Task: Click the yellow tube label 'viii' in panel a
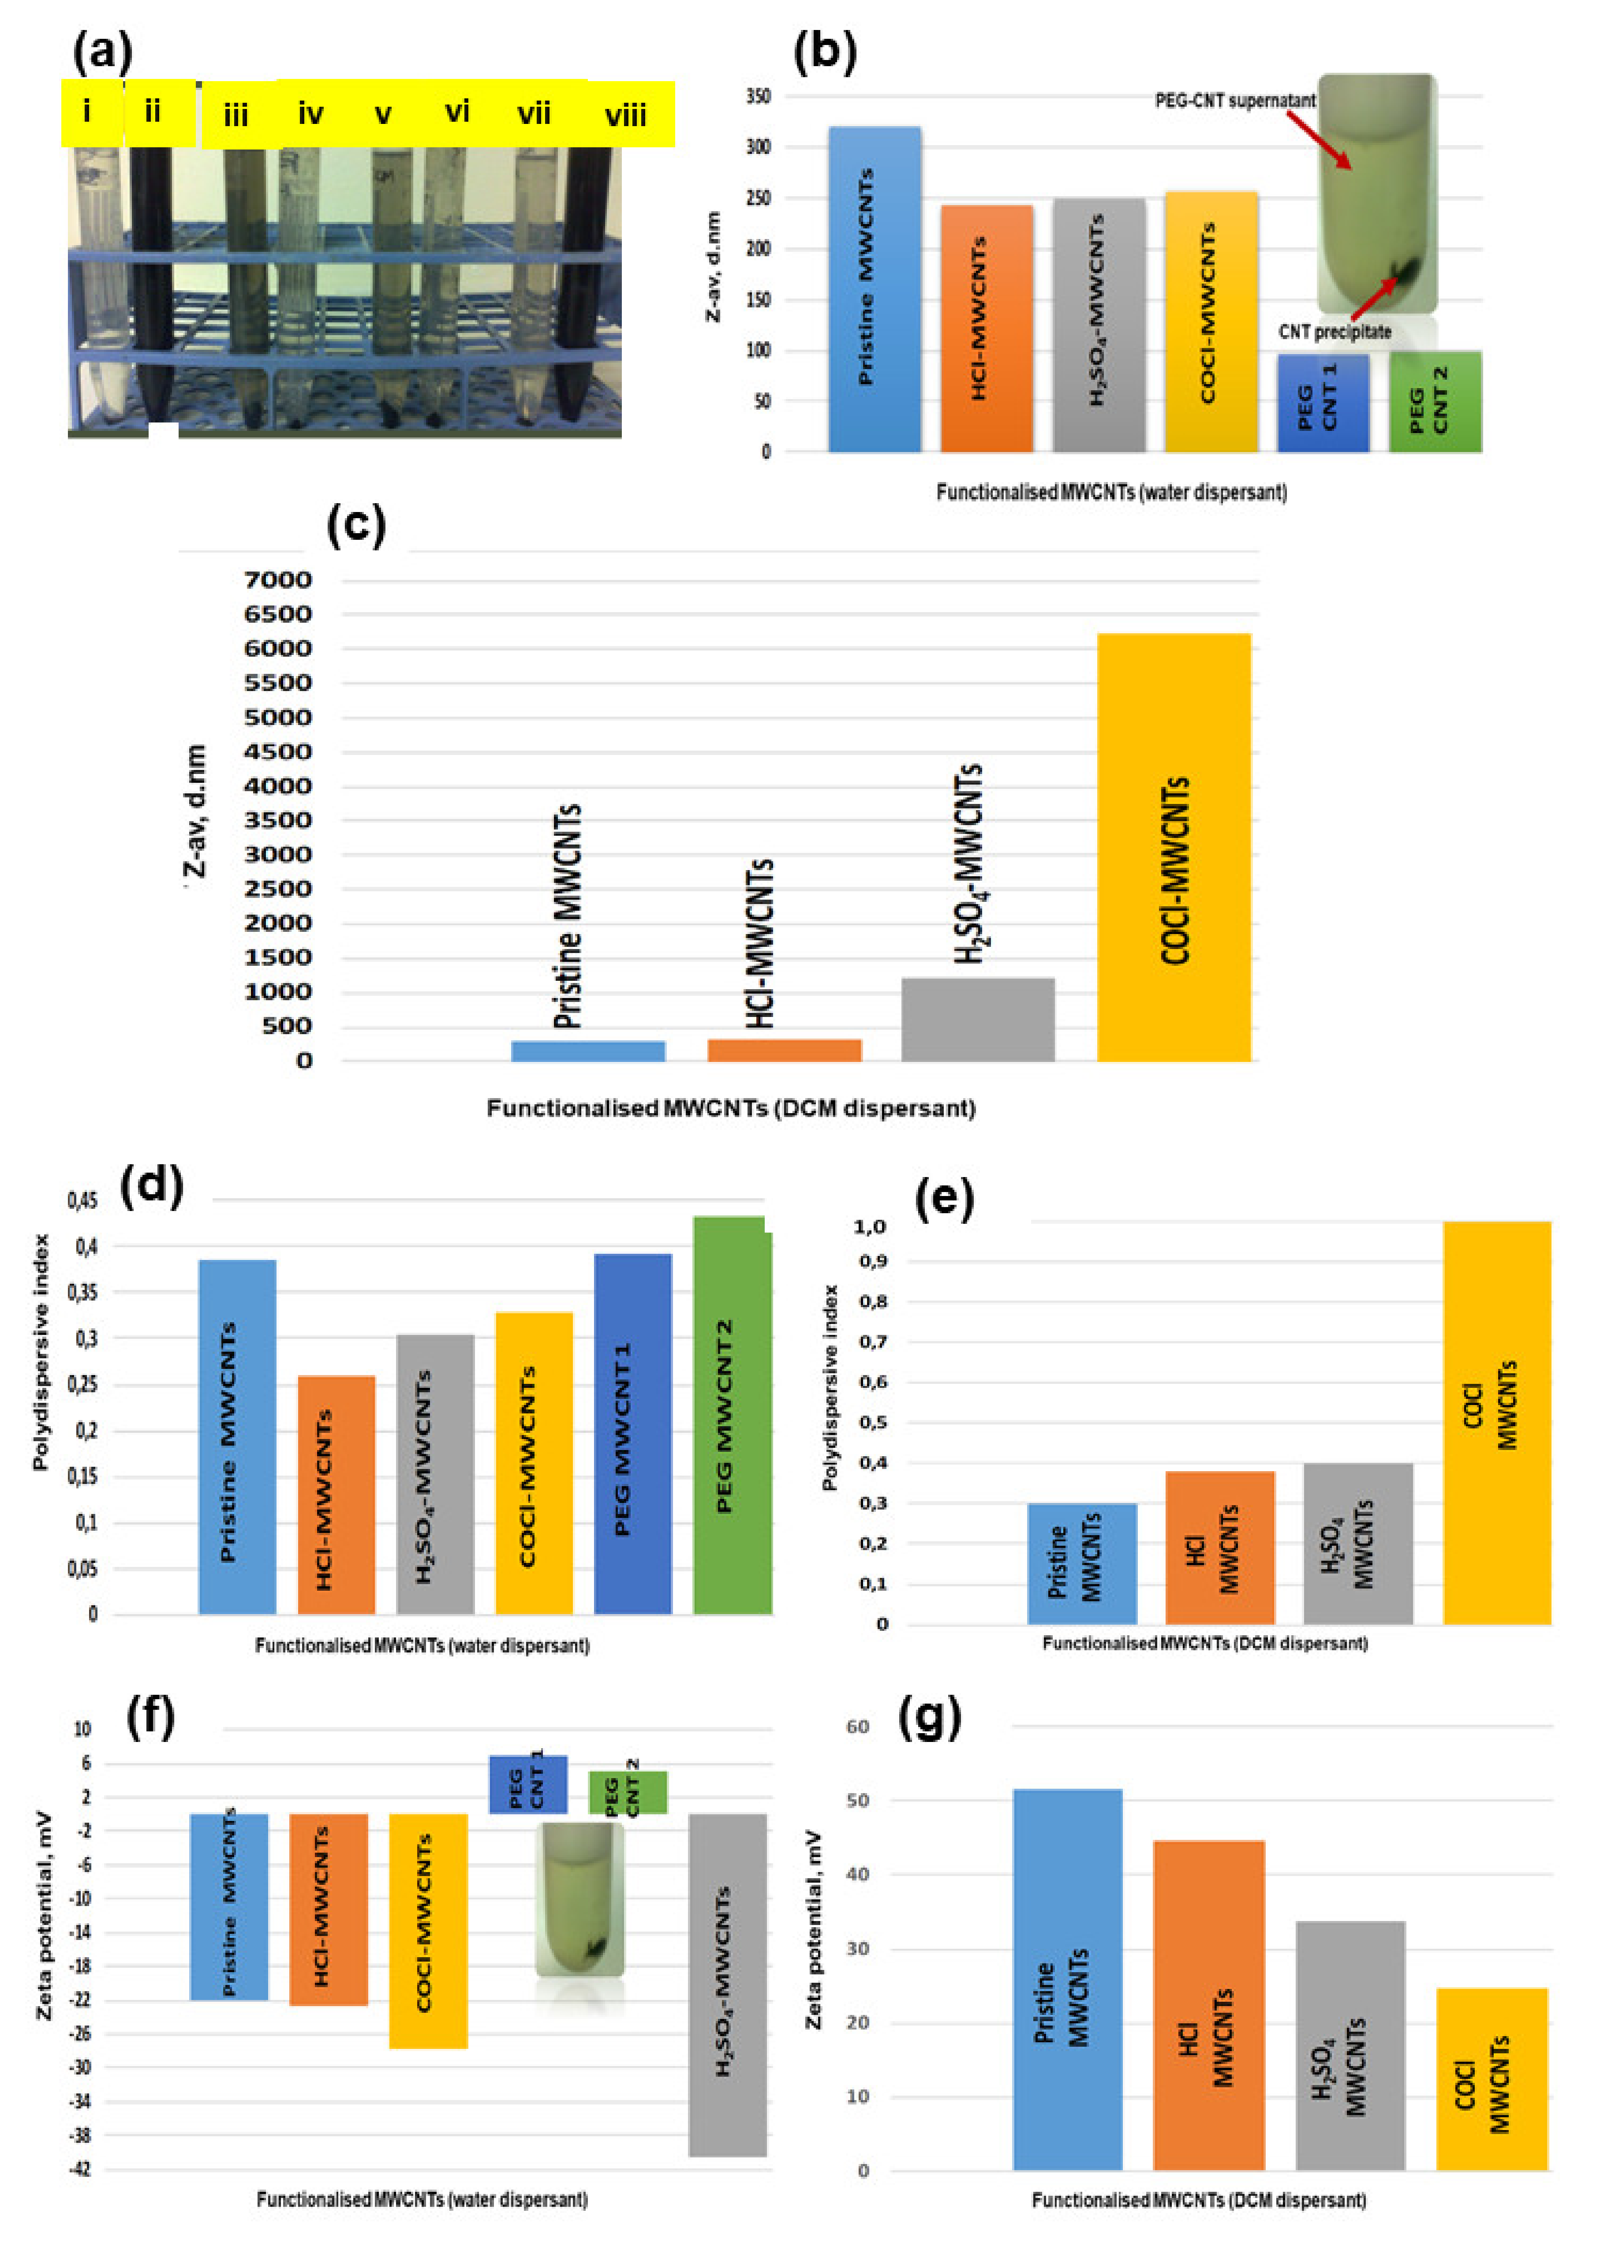coord(625,116)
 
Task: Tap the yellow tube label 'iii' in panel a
coord(236,116)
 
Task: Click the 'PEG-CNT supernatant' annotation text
coord(1235,101)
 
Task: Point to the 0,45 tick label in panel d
coord(83,1200)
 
